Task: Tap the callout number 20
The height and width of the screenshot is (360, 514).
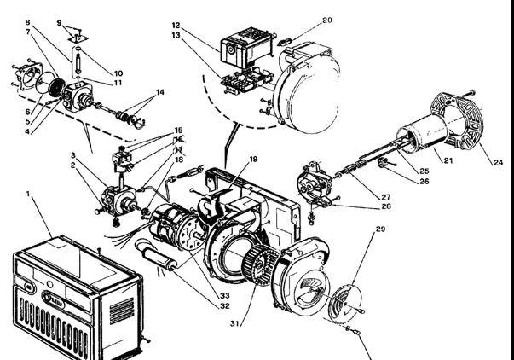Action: click(x=328, y=20)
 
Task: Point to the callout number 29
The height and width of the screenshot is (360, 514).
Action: click(x=380, y=230)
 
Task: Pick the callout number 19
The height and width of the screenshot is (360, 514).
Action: click(x=253, y=160)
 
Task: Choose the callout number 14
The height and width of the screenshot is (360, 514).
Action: click(x=159, y=91)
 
